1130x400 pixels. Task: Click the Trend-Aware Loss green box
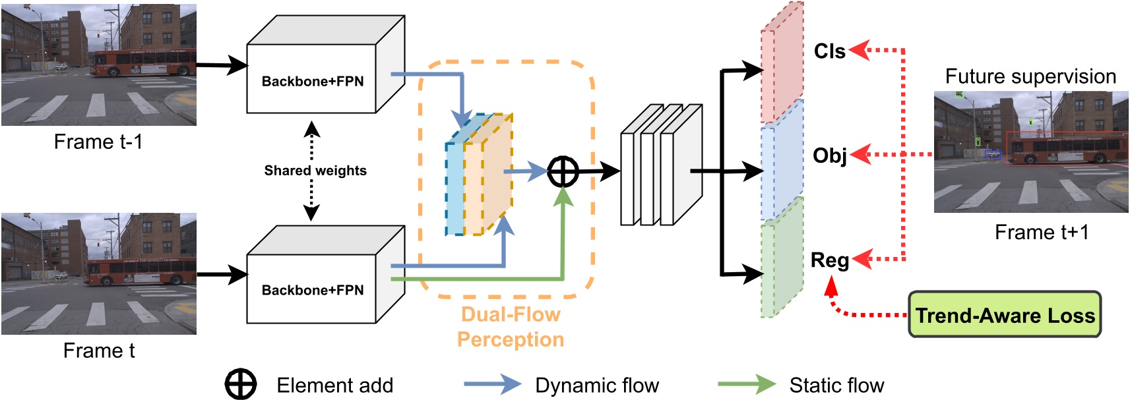click(x=1005, y=315)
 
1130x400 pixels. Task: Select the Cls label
click(x=829, y=51)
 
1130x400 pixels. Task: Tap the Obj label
click(x=829, y=156)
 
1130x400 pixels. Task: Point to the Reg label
click(x=829, y=260)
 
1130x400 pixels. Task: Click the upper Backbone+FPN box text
click(x=312, y=82)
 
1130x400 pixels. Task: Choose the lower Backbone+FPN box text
click(x=312, y=291)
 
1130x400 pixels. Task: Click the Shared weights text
click(x=315, y=171)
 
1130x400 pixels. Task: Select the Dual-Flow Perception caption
click(x=511, y=327)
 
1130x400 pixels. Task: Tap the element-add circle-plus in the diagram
click(x=563, y=172)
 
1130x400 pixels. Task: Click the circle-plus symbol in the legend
click(x=241, y=385)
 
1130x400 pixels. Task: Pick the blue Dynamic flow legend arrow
click(x=491, y=384)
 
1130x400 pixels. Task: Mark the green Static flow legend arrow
click(x=746, y=384)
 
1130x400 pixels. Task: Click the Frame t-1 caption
click(x=98, y=142)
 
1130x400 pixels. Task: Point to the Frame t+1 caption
click(x=1041, y=233)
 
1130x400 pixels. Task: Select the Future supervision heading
click(x=1030, y=76)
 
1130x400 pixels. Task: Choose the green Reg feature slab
click(x=782, y=264)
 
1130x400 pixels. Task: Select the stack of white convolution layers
click(x=660, y=165)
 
